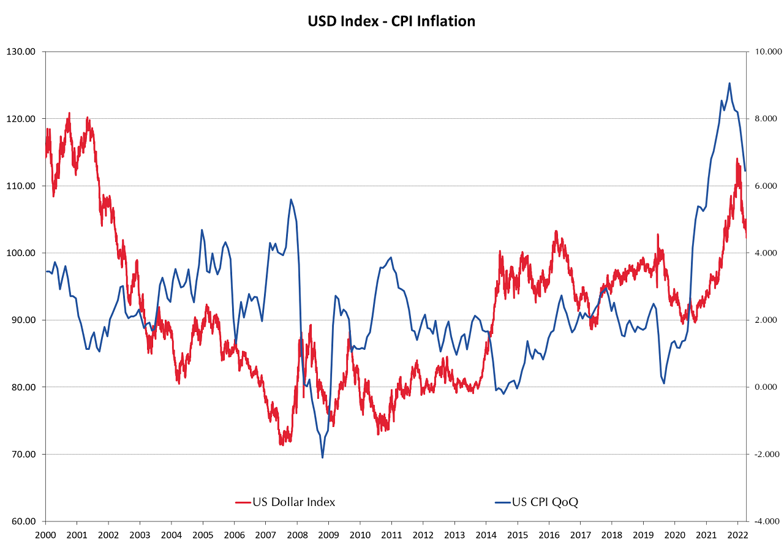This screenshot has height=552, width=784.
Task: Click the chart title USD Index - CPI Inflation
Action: point(391,21)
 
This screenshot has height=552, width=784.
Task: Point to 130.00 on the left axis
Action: point(26,51)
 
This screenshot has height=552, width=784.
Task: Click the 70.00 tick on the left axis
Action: point(26,455)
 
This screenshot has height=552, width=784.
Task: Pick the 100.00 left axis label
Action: point(26,253)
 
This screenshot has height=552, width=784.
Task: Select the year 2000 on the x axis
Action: point(45,534)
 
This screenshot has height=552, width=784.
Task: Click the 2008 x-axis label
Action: point(297,534)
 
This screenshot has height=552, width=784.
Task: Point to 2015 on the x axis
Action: point(518,534)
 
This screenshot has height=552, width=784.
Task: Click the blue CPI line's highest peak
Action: point(729,83)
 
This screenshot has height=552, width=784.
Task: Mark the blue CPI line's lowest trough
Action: point(322,457)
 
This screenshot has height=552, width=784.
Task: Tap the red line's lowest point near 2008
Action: point(282,444)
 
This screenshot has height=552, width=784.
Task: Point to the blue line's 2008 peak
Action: point(291,199)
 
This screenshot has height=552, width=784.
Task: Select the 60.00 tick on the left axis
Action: point(26,521)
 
